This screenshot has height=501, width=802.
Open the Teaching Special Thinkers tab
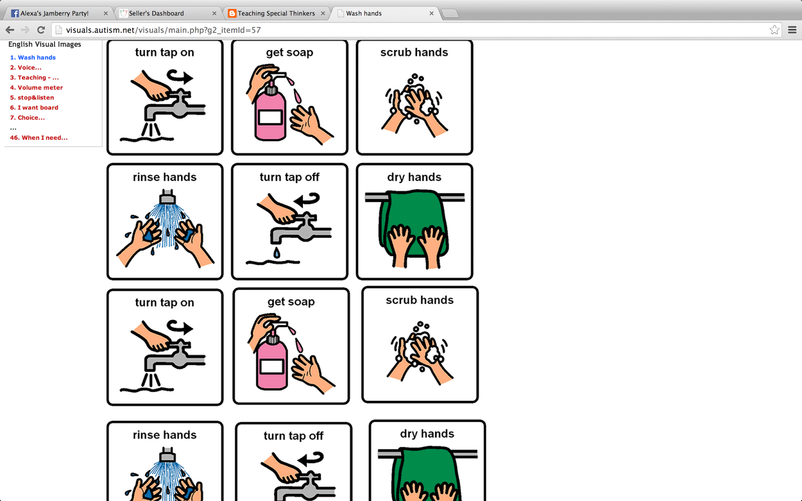276,13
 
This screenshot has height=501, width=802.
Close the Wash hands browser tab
432,13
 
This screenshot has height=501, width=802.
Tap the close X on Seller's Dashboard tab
214,13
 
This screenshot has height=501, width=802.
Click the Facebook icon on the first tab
15,13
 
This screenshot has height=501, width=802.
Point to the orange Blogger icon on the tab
232,13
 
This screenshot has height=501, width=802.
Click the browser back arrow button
10,30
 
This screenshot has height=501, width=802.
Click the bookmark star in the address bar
774,30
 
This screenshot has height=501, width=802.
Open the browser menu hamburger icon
792,30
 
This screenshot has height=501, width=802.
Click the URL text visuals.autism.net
100,30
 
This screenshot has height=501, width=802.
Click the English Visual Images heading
45,44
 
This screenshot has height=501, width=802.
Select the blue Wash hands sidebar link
33,57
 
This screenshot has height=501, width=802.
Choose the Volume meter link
36,87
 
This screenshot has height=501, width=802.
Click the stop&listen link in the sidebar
32,97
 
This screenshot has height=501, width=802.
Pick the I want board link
34,107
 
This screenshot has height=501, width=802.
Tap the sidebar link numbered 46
39,137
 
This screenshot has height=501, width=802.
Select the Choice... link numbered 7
27,117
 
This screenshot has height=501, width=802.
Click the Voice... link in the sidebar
26,67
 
